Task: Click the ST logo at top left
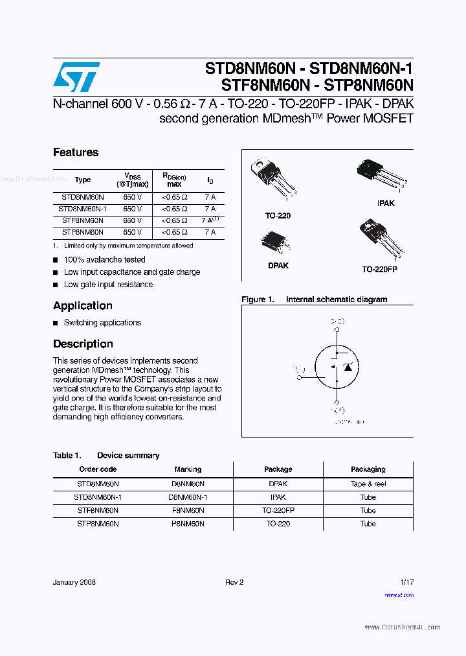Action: [x=76, y=77]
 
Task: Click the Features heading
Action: [x=76, y=152]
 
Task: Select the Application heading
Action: [x=83, y=306]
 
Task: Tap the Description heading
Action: [x=83, y=344]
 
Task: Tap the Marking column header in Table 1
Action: [x=188, y=469]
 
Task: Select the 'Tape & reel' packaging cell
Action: [x=368, y=484]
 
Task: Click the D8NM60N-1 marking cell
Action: [x=188, y=497]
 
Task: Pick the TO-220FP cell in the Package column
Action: [x=278, y=510]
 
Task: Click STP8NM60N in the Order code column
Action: [x=98, y=524]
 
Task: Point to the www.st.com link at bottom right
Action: [x=399, y=594]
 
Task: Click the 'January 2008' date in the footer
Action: [x=74, y=582]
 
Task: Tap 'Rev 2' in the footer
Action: [x=234, y=582]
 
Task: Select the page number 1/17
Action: [x=406, y=582]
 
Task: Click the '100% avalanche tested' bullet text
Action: [x=104, y=260]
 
